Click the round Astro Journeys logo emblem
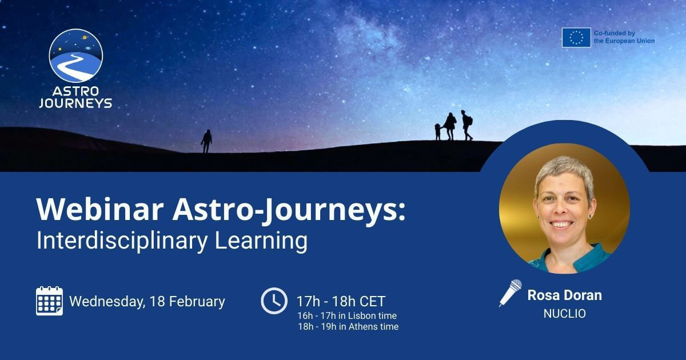pyautogui.click(x=76, y=55)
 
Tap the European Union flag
pyautogui.click(x=576, y=37)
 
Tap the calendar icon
pyautogui.click(x=50, y=301)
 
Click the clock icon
pyautogui.click(x=274, y=301)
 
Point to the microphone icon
pyautogui.click(x=510, y=292)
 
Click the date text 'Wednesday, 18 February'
pyautogui.click(x=147, y=301)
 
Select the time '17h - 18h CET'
pyautogui.click(x=341, y=301)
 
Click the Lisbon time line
pyautogui.click(x=347, y=315)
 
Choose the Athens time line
pyautogui.click(x=348, y=327)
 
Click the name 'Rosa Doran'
pyautogui.click(x=564, y=295)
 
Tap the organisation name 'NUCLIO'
pyautogui.click(x=564, y=314)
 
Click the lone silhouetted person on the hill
pyautogui.click(x=206, y=140)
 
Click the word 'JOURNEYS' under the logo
pyautogui.click(x=76, y=103)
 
